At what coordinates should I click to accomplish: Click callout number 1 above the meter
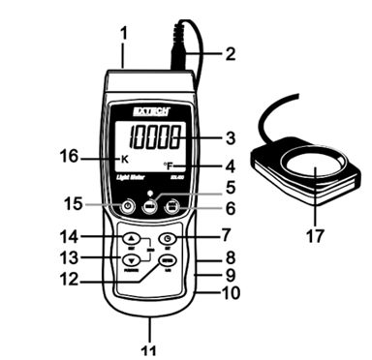pos(123,34)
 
